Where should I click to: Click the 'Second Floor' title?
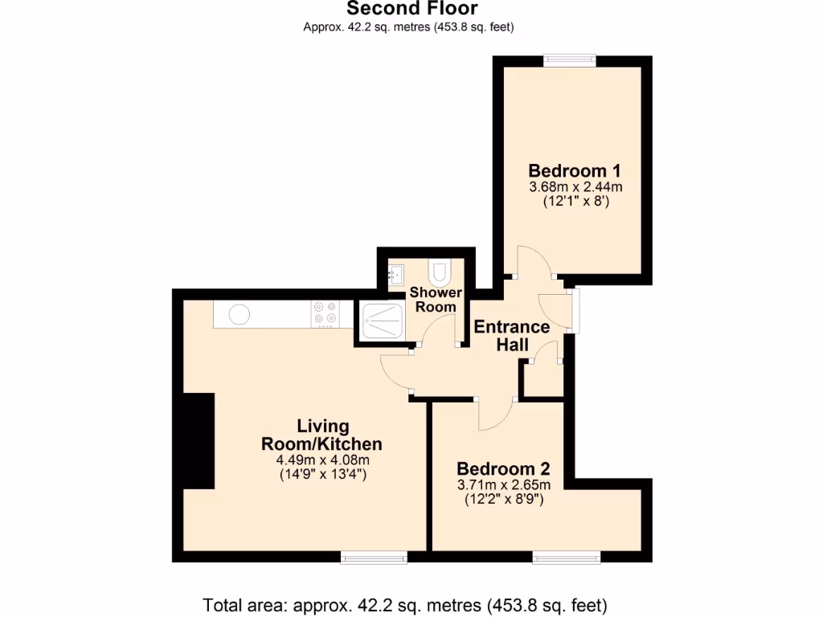pos(411,9)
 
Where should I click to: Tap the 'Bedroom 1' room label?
pos(575,170)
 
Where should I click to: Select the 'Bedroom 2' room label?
pos(503,468)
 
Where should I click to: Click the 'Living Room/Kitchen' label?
pos(321,435)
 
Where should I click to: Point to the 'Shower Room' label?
pos(436,300)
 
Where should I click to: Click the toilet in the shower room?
pos(440,272)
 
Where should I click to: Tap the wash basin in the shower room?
pos(397,272)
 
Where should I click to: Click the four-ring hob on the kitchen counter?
pos(326,313)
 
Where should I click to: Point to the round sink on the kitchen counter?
pos(239,314)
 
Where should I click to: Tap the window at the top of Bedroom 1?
pos(569,60)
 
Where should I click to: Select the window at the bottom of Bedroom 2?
pos(567,557)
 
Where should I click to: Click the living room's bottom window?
pos(374,557)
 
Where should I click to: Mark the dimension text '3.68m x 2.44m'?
pos(575,187)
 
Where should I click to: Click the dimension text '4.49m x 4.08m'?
pos(322,460)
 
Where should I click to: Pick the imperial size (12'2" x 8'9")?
pos(504,499)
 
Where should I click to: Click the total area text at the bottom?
pos(404,604)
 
